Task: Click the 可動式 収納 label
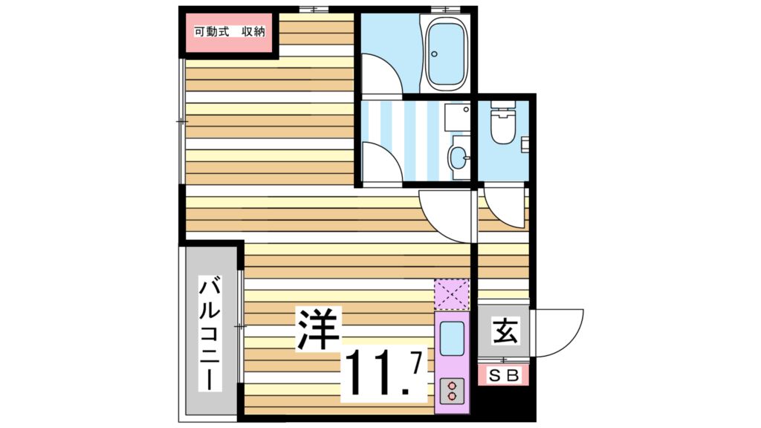[x=229, y=32]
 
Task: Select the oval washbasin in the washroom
[x=459, y=156]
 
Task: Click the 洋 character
[x=318, y=327]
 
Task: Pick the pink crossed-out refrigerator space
[x=453, y=294]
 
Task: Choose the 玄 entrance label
[x=505, y=328]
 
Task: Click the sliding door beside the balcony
[x=240, y=327]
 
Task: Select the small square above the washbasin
[x=453, y=116]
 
